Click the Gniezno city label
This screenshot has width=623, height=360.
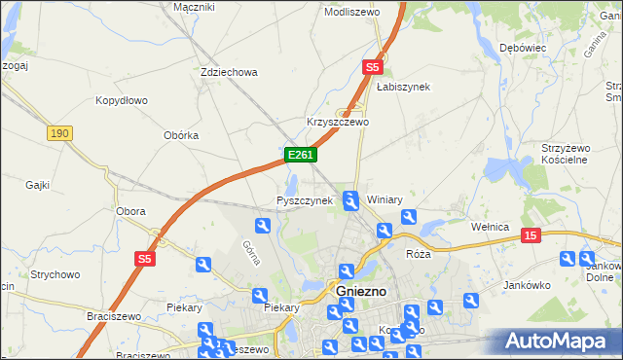coord(361,291)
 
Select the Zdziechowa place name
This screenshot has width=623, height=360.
coord(228,72)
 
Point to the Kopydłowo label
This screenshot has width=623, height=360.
coord(121,100)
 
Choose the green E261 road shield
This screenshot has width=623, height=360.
coord(299,155)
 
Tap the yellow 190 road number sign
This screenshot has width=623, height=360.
coord(59,133)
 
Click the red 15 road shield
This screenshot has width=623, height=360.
coord(531,235)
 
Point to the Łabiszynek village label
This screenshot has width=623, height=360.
coord(403,87)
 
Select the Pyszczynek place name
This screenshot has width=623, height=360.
coord(305,200)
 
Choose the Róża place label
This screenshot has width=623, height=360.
coord(418,253)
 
